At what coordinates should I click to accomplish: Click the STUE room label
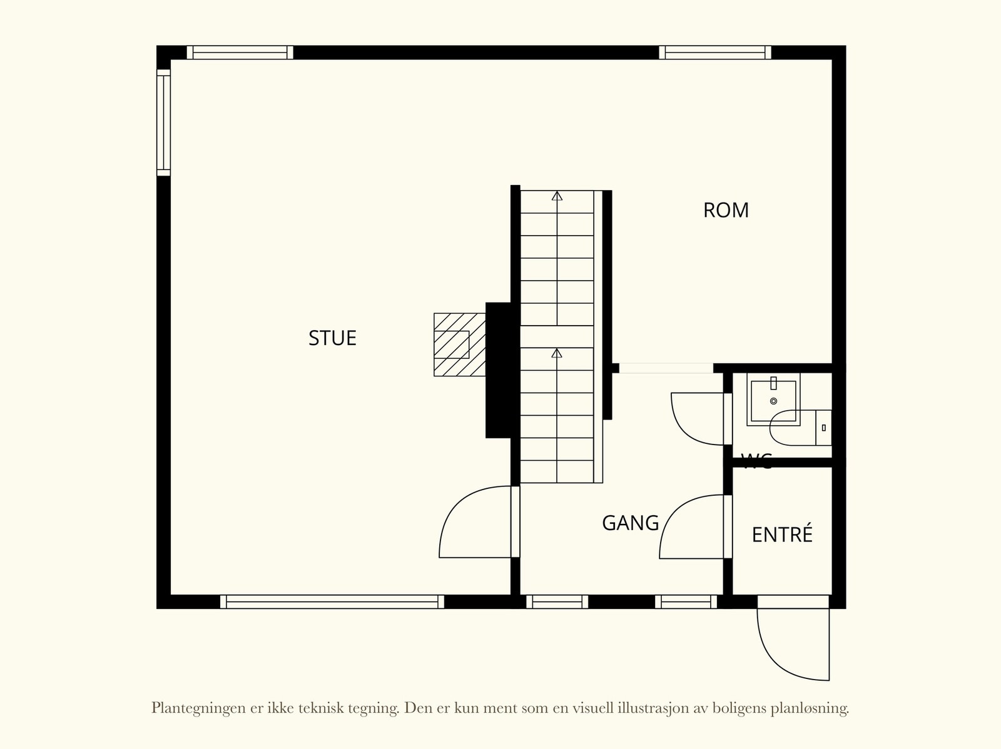[x=332, y=338]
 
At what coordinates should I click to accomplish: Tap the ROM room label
[x=726, y=211]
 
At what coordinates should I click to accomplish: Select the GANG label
[x=630, y=523]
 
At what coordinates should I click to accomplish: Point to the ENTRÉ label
[x=782, y=535]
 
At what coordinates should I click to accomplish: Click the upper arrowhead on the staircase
[x=557, y=196]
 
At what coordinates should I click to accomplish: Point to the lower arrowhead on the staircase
[x=557, y=353]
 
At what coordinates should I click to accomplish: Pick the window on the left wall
[x=163, y=122]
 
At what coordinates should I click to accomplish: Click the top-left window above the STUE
[x=240, y=53]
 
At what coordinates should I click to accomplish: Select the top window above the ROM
[x=714, y=53]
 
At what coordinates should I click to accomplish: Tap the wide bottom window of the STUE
[x=332, y=601]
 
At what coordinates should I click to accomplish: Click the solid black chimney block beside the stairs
[x=502, y=370]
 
